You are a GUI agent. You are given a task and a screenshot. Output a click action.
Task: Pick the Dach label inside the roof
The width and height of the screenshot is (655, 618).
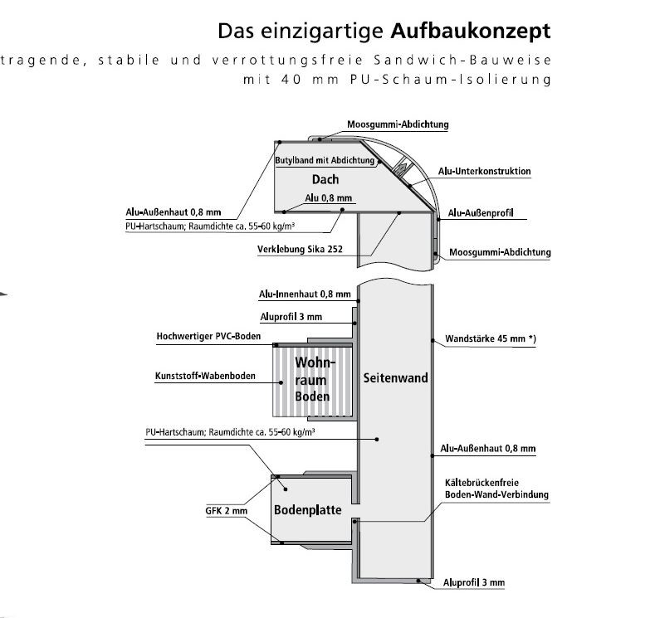point(325,179)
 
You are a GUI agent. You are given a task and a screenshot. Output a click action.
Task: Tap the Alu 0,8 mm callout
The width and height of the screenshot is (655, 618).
point(329,198)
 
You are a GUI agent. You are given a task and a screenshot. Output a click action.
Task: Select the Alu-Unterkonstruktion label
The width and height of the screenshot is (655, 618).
point(484,171)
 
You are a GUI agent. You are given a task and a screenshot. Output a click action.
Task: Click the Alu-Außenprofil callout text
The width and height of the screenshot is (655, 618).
point(480,213)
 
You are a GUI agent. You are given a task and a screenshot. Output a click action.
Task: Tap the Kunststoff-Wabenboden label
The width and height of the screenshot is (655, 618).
point(205,377)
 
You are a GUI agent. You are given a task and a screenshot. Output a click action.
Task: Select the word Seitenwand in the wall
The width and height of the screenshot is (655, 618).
point(395,377)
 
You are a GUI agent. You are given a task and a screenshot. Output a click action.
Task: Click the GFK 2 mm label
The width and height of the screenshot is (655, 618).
point(227,511)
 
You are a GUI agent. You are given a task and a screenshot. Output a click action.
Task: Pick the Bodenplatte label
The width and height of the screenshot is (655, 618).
point(307,510)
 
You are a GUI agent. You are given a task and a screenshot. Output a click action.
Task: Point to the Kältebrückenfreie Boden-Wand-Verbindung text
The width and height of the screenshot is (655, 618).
point(493,489)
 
